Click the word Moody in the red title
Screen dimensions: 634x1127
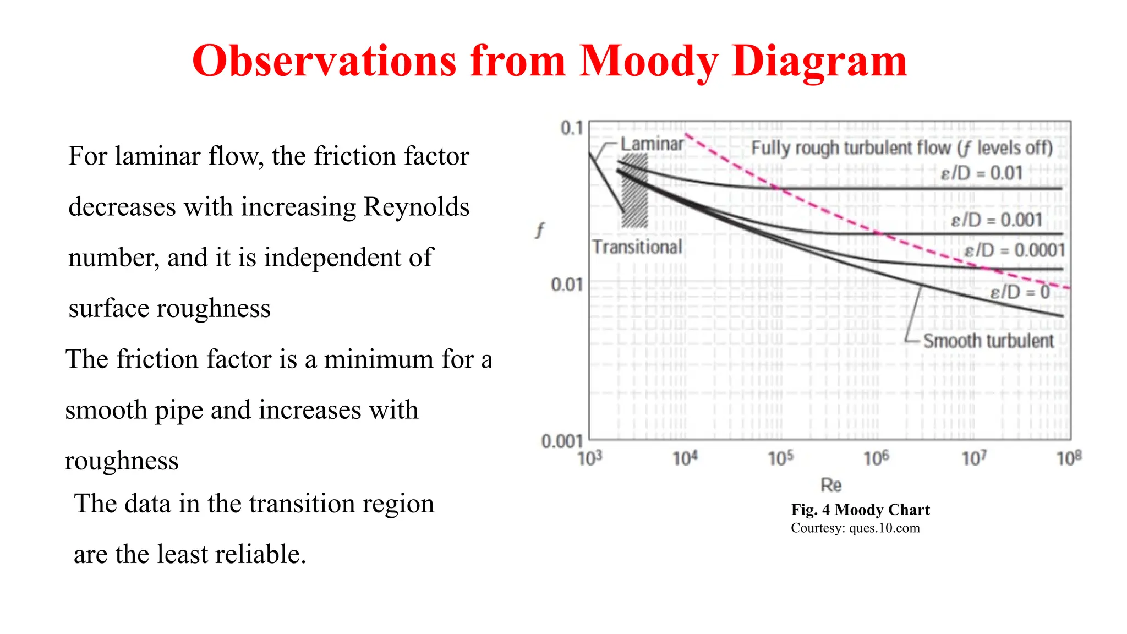(x=649, y=62)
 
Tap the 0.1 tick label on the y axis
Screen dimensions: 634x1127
(x=571, y=128)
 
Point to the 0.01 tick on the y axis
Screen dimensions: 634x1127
(x=566, y=285)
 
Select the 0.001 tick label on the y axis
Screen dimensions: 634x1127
(x=561, y=441)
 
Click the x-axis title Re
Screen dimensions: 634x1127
(x=831, y=485)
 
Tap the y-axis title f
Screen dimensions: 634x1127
(x=540, y=229)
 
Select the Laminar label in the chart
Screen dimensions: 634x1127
(x=652, y=144)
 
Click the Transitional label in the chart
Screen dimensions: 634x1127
(x=637, y=247)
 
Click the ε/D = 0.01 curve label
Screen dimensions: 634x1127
(x=981, y=173)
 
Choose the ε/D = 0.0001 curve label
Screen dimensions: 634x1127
(x=1014, y=250)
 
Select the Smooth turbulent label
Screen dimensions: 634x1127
(x=988, y=341)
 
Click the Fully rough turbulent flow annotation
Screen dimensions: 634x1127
(x=901, y=148)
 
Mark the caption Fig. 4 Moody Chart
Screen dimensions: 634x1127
(x=860, y=510)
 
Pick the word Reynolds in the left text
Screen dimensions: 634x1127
(x=417, y=207)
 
